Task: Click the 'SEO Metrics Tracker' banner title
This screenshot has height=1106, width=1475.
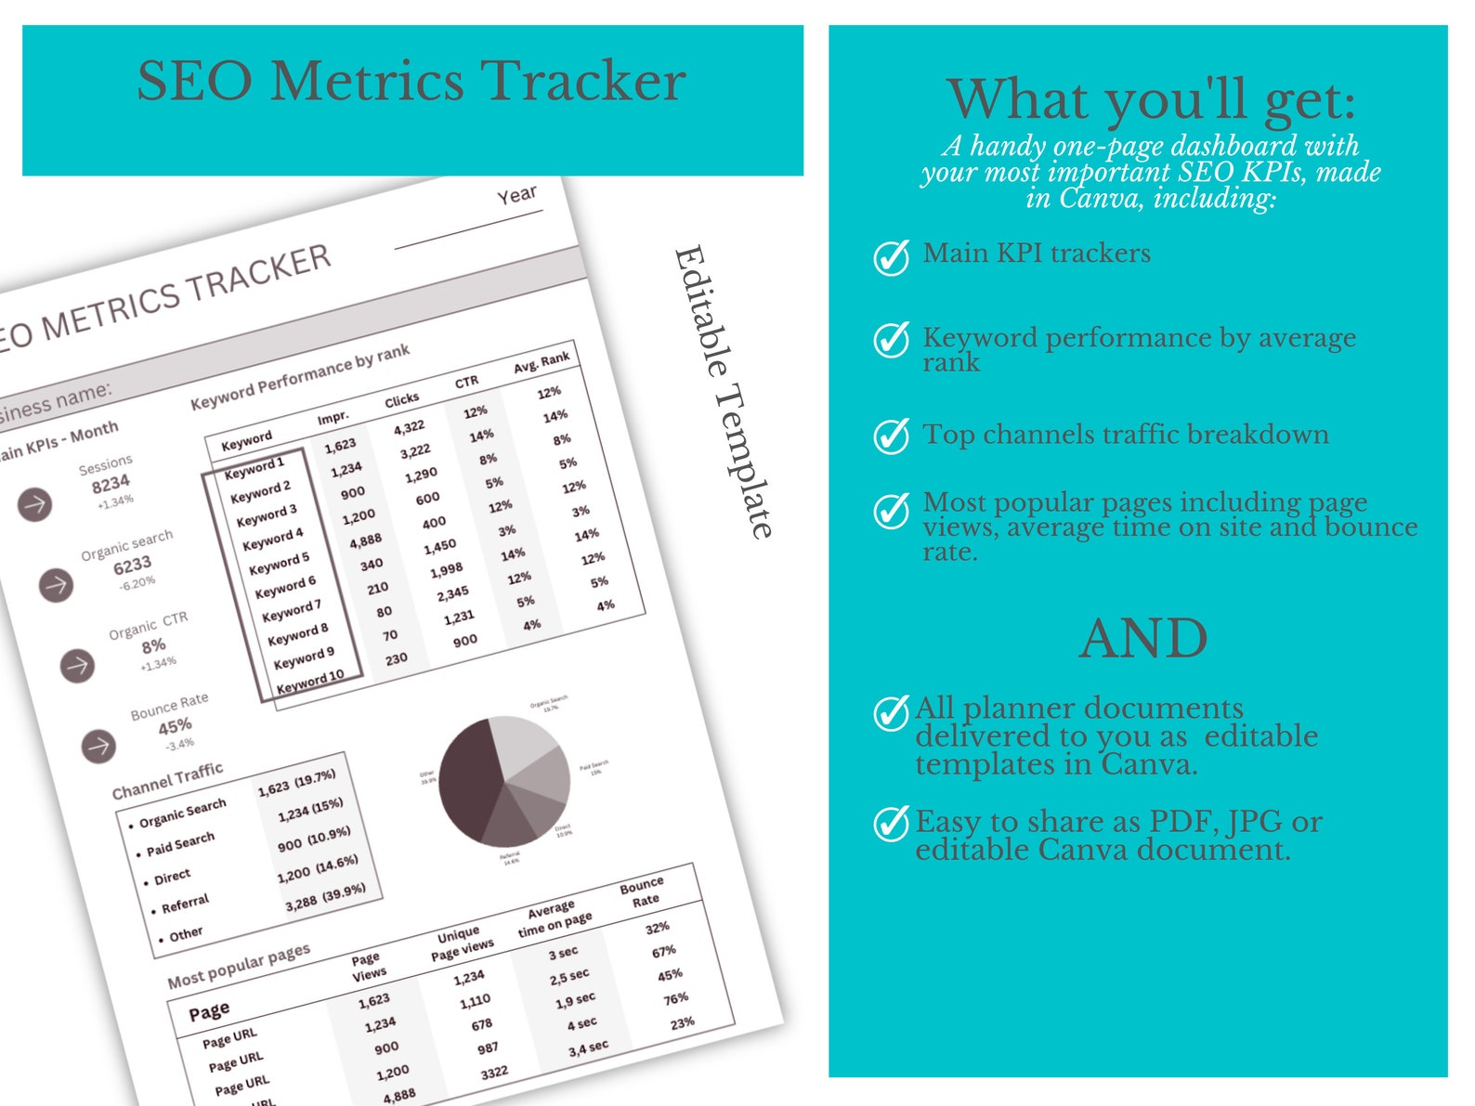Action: (x=411, y=82)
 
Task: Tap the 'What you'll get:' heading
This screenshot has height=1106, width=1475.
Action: (x=1151, y=100)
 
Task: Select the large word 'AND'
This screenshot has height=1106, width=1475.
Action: (x=1142, y=639)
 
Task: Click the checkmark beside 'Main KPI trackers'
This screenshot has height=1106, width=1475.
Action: (x=892, y=257)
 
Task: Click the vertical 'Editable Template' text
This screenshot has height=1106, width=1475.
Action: (x=723, y=391)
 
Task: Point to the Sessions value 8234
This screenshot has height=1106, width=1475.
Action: (x=111, y=484)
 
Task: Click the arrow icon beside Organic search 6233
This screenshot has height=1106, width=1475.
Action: (x=56, y=585)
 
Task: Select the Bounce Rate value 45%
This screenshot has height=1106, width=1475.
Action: (x=175, y=725)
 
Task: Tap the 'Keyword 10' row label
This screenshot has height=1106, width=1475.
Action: (x=310, y=682)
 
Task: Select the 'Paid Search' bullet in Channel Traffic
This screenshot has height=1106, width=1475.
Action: (x=180, y=843)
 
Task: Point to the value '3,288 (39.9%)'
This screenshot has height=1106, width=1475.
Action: (x=325, y=896)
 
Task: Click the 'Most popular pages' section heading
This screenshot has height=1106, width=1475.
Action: (x=239, y=966)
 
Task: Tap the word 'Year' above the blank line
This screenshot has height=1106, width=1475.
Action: (x=516, y=195)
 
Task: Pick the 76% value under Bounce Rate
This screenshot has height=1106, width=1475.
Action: (x=675, y=998)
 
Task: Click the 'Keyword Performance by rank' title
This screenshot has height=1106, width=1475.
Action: (x=300, y=377)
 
